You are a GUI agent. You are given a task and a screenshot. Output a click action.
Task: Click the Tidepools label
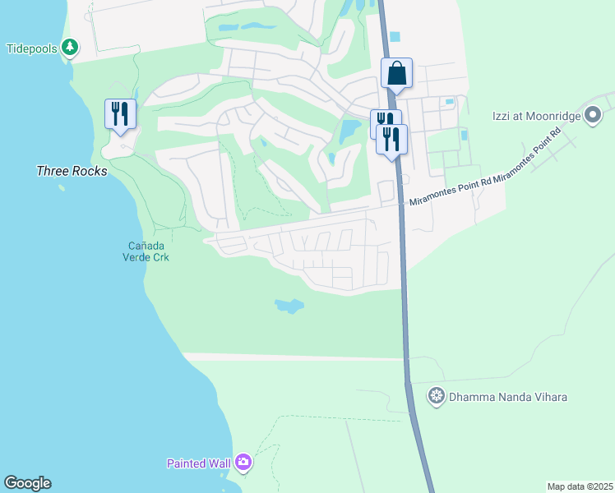(x=32, y=48)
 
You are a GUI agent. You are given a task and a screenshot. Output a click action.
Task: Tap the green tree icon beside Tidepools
(x=71, y=48)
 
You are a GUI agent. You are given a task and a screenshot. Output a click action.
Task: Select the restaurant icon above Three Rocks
(x=120, y=113)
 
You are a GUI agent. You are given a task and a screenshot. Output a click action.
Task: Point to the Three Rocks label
(x=72, y=171)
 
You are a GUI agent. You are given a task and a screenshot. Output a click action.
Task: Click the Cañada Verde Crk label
(x=148, y=251)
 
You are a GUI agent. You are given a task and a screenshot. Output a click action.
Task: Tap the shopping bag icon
(x=396, y=73)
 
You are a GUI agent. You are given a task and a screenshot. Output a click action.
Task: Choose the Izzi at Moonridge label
(x=537, y=116)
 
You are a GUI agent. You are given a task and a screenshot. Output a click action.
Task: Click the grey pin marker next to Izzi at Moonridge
(x=593, y=116)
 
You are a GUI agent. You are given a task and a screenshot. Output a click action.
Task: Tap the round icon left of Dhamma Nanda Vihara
(x=437, y=397)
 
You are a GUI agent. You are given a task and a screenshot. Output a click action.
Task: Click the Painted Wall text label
(x=198, y=463)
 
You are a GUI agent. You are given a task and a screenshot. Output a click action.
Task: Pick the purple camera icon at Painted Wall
(x=243, y=463)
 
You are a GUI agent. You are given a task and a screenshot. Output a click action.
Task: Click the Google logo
(x=27, y=483)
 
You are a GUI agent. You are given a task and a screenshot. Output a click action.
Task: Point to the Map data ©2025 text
(x=579, y=486)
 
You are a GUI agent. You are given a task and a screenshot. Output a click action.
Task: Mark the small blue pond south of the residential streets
(x=289, y=306)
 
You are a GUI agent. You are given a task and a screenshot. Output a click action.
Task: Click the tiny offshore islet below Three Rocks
(x=62, y=188)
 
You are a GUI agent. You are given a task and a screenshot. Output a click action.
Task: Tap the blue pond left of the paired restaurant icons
(x=349, y=129)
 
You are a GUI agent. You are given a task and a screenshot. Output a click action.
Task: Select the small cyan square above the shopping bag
(x=395, y=36)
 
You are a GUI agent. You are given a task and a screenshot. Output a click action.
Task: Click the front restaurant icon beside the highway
(x=392, y=139)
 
